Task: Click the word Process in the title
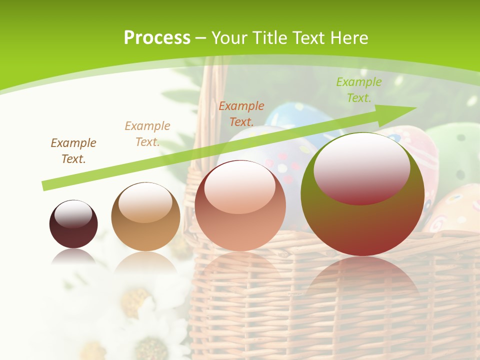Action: point(157,38)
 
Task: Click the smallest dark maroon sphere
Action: point(73,224)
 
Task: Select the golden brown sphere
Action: point(145,216)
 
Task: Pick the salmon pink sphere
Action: point(240,205)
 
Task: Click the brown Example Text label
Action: point(73,150)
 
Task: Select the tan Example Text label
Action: point(147,133)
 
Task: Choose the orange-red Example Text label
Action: point(241,113)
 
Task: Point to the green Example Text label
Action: point(358,89)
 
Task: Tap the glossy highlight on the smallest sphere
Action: point(73,214)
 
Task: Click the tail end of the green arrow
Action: point(46,185)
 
